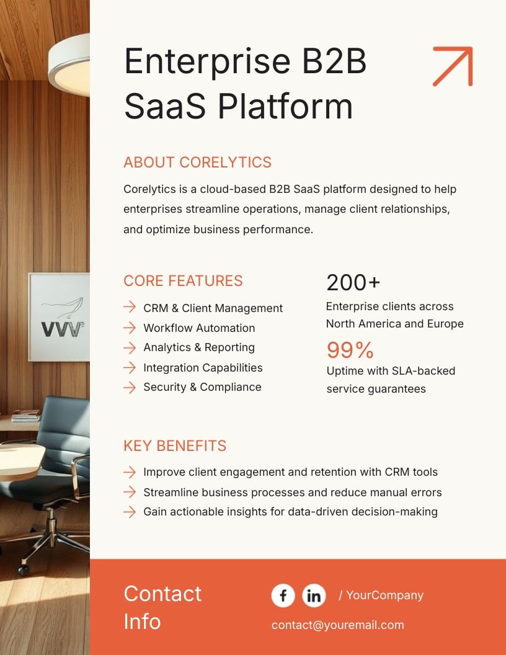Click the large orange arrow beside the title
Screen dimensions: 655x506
coord(453,66)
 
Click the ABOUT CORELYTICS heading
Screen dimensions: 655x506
coord(197,163)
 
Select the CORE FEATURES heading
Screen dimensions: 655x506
coord(183,280)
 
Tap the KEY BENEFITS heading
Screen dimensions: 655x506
coord(175,445)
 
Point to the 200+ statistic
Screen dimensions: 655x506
coord(353,283)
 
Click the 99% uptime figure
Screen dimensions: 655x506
coord(350,350)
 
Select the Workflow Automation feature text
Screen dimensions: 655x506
coord(199,327)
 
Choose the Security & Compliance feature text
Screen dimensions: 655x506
coord(202,387)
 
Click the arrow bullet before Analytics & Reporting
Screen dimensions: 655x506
coord(129,347)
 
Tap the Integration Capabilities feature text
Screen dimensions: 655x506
coord(203,367)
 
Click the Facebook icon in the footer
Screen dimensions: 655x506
coord(283,595)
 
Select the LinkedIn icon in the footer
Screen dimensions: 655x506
coord(314,595)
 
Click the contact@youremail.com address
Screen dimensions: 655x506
coord(337,625)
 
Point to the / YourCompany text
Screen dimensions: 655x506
coord(381,595)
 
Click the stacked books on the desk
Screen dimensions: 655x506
coord(26,415)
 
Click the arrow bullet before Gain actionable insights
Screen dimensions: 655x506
coord(129,512)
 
